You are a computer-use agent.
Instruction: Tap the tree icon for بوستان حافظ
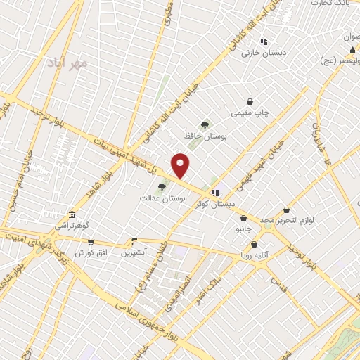[x=205, y=124]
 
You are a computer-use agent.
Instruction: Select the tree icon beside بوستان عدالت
[x=162, y=187]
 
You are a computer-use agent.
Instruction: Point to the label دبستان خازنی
[x=262, y=52]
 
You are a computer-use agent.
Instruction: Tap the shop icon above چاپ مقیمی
[x=250, y=101]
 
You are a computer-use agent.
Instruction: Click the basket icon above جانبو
[x=243, y=218]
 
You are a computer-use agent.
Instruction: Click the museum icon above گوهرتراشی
[x=71, y=215]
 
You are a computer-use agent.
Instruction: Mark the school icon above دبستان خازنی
[x=264, y=41]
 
